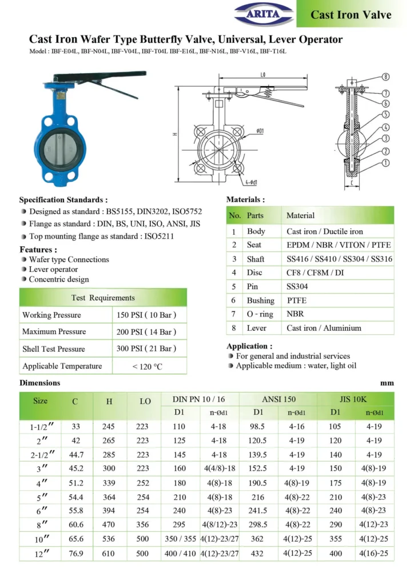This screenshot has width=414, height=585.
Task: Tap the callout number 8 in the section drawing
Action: pyautogui.click(x=386, y=77)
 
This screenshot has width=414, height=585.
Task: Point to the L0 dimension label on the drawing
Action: pyautogui.click(x=262, y=75)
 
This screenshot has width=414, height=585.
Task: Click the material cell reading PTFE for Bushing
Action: pyautogui.click(x=297, y=300)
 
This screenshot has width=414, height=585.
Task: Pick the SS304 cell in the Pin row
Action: pyautogui.click(x=297, y=286)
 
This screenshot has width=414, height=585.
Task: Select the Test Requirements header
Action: pyautogui.click(x=103, y=298)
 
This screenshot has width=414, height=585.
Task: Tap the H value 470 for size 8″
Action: pyautogui.click(x=109, y=525)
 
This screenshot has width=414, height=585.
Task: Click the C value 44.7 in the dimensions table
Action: pyautogui.click(x=75, y=454)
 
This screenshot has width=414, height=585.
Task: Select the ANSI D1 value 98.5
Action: pyautogui.click(x=258, y=426)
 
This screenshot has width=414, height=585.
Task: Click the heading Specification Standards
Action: pyautogui.click(x=63, y=200)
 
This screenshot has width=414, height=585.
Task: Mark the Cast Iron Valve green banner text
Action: pyautogui.click(x=351, y=14)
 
